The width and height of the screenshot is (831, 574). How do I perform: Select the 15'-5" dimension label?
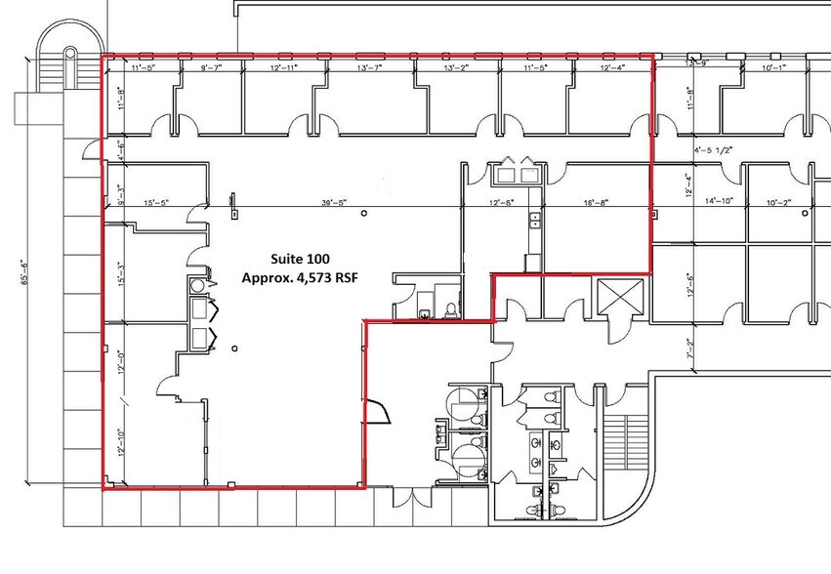coord(156,203)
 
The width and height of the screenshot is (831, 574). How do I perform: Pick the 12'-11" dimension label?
coord(291,69)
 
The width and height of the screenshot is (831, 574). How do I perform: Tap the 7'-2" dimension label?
coord(691,346)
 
